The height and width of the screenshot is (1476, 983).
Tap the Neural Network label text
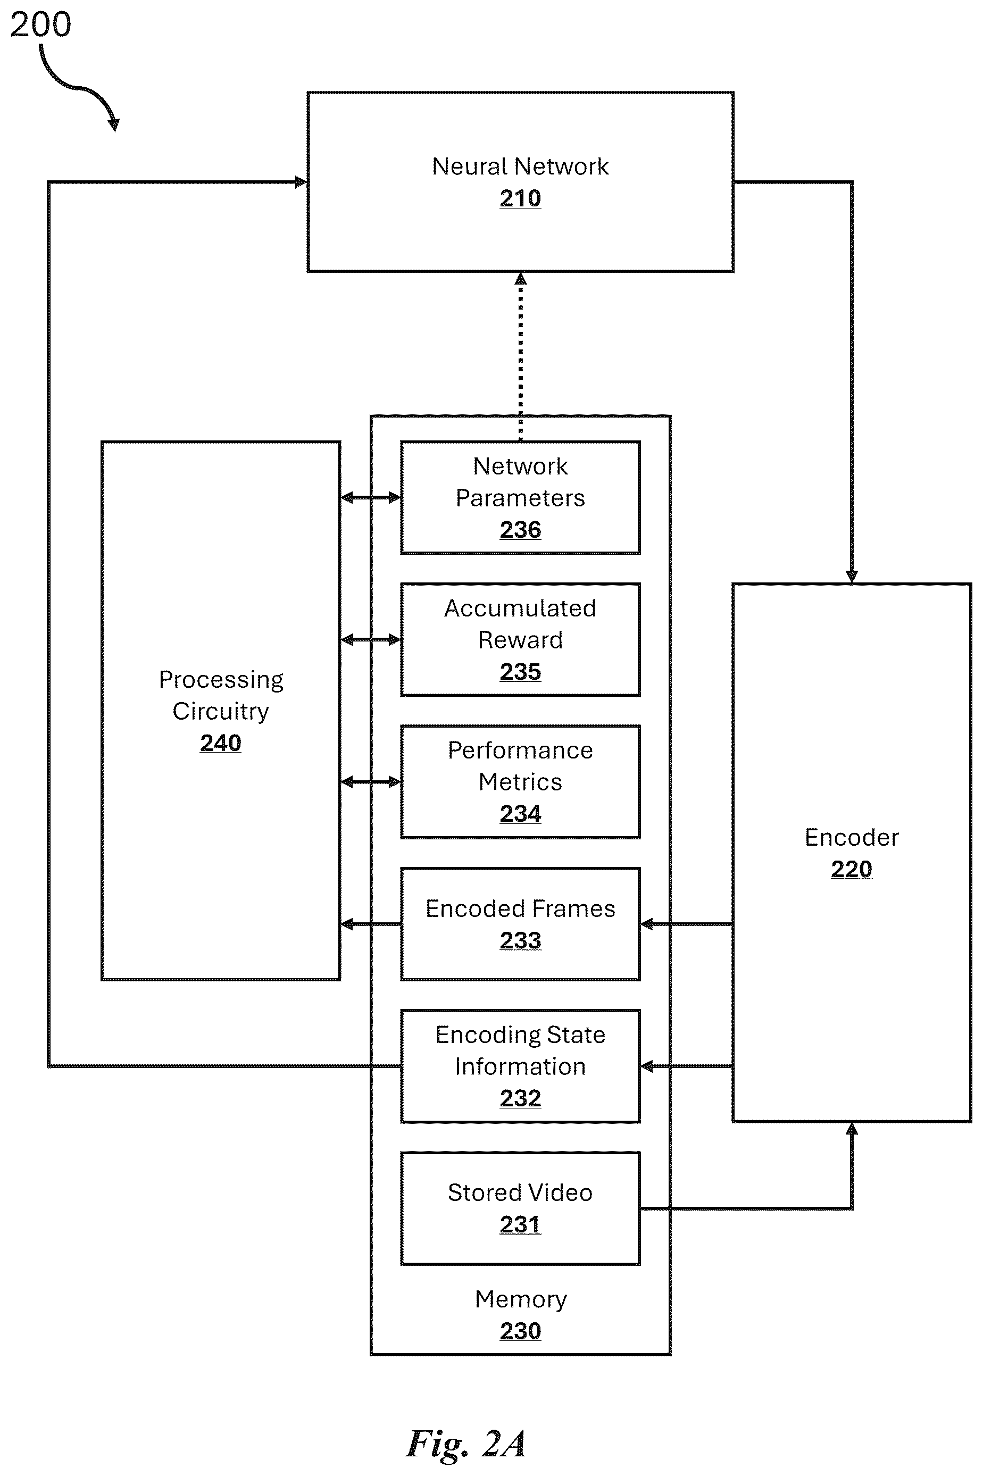coord(520,166)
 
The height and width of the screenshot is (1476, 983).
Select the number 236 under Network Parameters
coord(520,530)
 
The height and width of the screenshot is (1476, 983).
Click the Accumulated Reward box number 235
coord(520,672)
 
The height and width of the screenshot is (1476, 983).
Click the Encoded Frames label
coord(520,909)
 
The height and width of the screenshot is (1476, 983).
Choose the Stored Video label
coord(520,1193)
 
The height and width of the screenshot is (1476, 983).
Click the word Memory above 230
coord(521,1300)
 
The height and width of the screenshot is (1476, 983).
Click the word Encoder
coord(852,837)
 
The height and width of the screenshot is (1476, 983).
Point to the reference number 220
coord(852,869)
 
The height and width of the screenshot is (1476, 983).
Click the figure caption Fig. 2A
coord(466,1444)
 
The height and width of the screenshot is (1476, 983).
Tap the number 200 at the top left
coord(41,25)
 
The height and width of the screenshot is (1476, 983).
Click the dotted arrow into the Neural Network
coord(520,356)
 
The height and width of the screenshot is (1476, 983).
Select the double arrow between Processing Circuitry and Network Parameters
coord(371,498)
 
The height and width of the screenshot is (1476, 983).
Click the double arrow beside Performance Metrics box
coord(371,781)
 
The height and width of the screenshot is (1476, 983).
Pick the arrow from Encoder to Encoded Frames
coord(687,924)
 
